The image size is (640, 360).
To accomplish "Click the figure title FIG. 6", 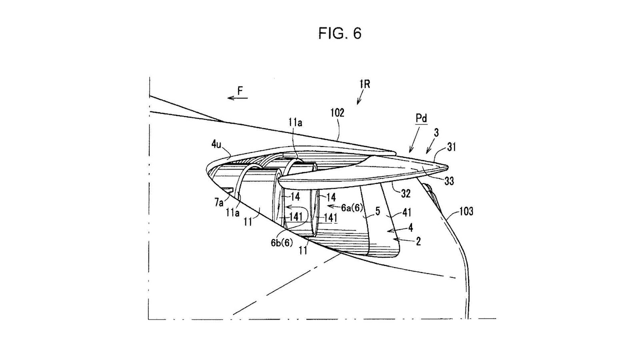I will pos(340,33).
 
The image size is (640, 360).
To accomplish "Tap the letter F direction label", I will pos(240,91).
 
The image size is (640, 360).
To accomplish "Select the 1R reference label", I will pos(364,84).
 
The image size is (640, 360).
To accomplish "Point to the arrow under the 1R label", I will pos(360,97).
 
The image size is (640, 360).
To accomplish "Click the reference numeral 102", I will pos(337,113).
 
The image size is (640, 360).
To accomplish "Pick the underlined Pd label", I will pos(421,118).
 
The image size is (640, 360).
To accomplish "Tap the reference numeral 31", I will pos(452,147).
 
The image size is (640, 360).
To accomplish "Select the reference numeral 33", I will pos(449,181).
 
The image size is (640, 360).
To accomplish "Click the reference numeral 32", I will pos(406,194).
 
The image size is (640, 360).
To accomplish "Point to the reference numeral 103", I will pos(466,211).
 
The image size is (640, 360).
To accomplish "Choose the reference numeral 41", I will pos(406,212).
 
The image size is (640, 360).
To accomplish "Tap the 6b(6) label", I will pos(282,242).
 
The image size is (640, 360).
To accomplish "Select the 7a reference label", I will pos(218,203).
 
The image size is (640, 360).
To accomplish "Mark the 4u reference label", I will pos(216,144).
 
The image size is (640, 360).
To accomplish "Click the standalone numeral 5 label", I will pos(378,211).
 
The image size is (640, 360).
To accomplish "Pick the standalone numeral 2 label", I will pos(418,241).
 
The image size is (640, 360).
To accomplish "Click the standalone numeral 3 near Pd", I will pos(436,133).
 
